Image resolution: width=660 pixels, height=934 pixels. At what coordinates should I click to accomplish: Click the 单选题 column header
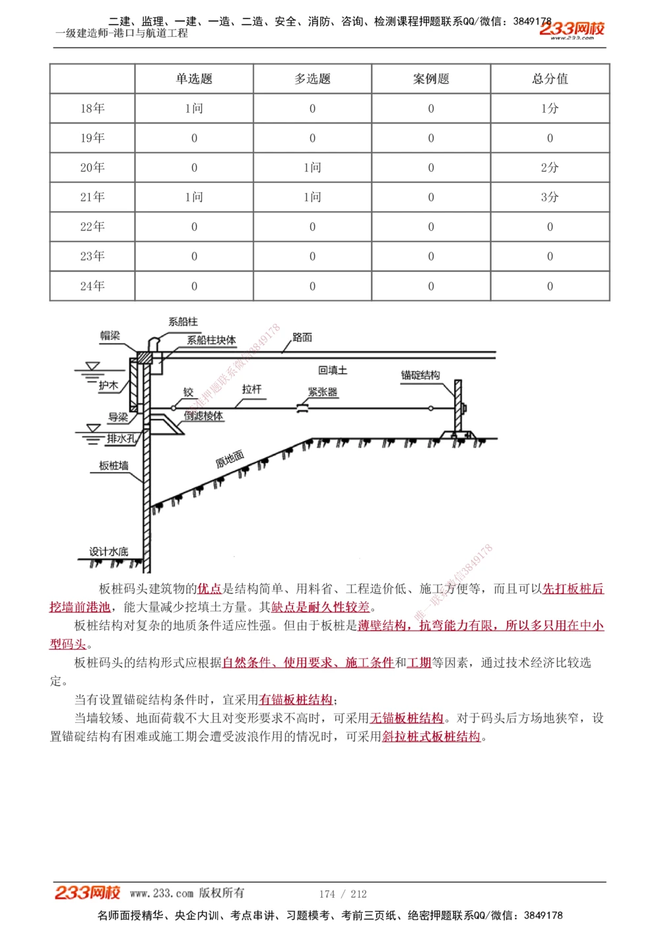tap(194, 79)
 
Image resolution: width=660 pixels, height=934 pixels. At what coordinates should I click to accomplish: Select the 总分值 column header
tap(550, 79)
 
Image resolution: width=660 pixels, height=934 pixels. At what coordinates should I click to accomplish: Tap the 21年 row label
tap(92, 197)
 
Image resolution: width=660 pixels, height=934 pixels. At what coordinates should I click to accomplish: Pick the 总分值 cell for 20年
tap(550, 168)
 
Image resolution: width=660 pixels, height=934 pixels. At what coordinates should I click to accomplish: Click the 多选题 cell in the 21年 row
tap(312, 197)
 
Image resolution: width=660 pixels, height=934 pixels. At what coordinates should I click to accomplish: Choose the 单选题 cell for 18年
tap(194, 108)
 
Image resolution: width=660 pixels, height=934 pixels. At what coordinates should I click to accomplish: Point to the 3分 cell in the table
tap(550, 197)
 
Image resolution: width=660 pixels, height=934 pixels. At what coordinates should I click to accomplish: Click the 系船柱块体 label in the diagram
tap(211, 340)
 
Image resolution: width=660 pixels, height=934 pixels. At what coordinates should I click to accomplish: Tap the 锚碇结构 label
tap(420, 375)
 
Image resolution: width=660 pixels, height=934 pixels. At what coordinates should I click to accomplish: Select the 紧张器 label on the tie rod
tap(323, 391)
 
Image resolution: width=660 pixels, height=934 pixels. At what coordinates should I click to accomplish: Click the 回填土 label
tap(333, 370)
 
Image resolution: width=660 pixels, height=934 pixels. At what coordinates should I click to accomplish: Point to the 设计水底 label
tap(109, 551)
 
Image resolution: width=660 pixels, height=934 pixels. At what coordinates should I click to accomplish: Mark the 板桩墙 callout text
tap(114, 465)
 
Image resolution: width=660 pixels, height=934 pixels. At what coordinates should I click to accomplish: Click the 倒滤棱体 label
tap(203, 416)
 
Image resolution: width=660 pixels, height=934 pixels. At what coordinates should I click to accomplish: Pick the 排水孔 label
tap(121, 438)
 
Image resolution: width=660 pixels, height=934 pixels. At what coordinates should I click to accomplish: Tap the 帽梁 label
tap(110, 335)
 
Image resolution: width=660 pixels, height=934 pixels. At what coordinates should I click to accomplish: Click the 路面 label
tap(302, 337)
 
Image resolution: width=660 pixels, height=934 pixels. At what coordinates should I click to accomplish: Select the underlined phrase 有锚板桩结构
tap(296, 700)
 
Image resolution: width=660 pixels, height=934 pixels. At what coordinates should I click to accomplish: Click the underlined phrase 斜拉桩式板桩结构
tap(431, 737)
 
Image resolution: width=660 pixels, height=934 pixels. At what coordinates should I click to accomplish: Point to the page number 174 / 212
tap(343, 894)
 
